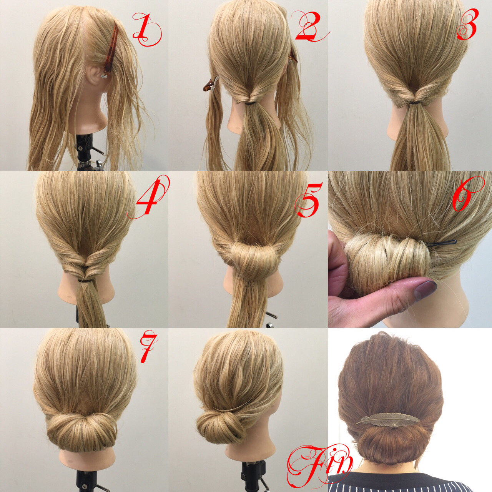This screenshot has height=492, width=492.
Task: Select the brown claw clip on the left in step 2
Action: coord(210,83)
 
